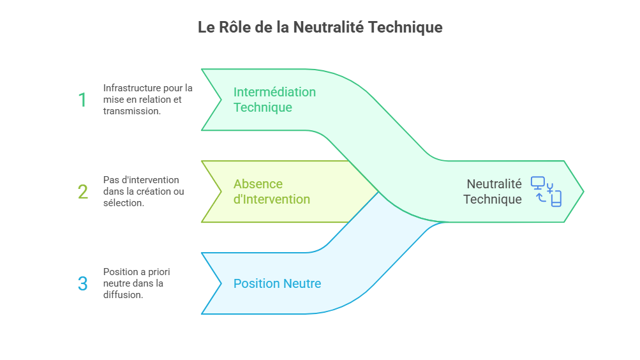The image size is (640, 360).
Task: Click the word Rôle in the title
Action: (x=232, y=27)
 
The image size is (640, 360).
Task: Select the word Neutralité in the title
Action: (x=329, y=27)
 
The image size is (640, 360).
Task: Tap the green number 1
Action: (x=82, y=100)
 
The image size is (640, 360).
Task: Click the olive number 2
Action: (x=83, y=191)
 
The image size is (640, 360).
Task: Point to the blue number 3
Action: (x=83, y=283)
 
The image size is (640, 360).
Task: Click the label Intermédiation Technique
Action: (x=274, y=100)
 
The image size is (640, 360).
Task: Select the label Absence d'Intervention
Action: (x=271, y=191)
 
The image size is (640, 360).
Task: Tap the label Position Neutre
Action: (x=277, y=283)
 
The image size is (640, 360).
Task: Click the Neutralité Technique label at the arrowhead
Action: (x=493, y=191)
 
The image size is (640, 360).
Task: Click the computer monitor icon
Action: (x=538, y=184)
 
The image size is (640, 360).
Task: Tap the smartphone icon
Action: (x=556, y=199)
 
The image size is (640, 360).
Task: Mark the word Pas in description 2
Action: (x=110, y=180)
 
